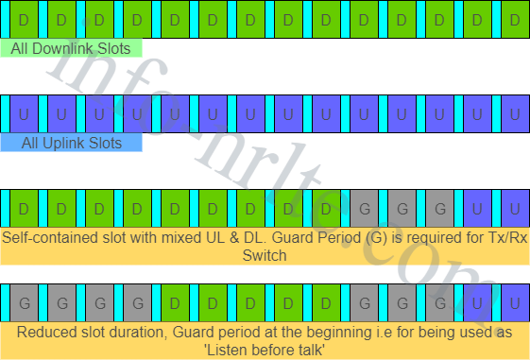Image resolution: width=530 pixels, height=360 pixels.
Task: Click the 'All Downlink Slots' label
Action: tap(72, 48)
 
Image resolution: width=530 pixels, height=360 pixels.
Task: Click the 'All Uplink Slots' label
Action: tap(72, 143)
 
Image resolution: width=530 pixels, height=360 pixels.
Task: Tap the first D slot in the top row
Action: tap(24, 19)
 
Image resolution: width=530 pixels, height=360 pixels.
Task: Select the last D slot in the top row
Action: tap(515, 19)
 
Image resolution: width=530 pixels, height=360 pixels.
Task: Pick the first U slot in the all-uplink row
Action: tap(24, 113)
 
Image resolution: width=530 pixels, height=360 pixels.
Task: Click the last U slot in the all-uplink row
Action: tap(515, 113)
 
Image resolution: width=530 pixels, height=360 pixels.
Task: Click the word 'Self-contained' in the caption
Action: tap(47, 237)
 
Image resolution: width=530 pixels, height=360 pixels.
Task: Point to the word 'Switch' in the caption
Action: tap(265, 255)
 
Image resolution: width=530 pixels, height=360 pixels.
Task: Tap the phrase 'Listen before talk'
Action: tap(265, 350)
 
